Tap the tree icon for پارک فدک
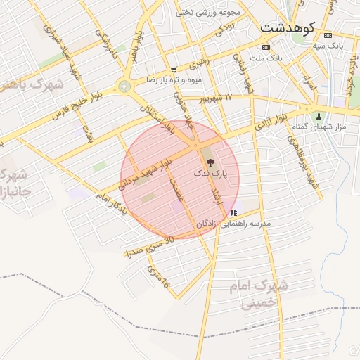[212, 162]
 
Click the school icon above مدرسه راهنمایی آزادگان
[233, 212]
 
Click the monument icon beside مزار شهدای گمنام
[320, 116]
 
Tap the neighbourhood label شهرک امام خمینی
[257, 295]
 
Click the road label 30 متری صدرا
[148, 245]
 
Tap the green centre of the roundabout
[124, 87]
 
